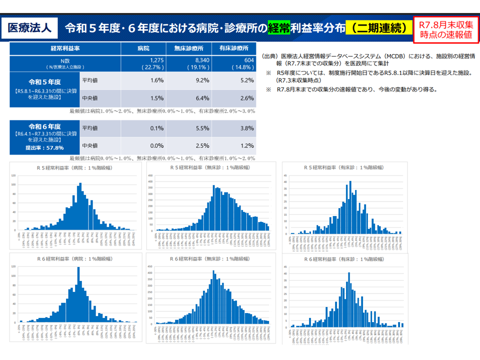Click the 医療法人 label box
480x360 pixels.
coord(29,27)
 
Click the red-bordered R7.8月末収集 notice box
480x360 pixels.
coord(446,29)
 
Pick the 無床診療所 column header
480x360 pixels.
coord(188,48)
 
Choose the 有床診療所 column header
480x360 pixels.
coord(233,48)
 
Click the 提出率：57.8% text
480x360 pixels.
coord(44,147)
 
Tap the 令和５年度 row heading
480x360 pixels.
coord(44,81)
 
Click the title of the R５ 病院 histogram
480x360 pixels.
coord(76,168)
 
